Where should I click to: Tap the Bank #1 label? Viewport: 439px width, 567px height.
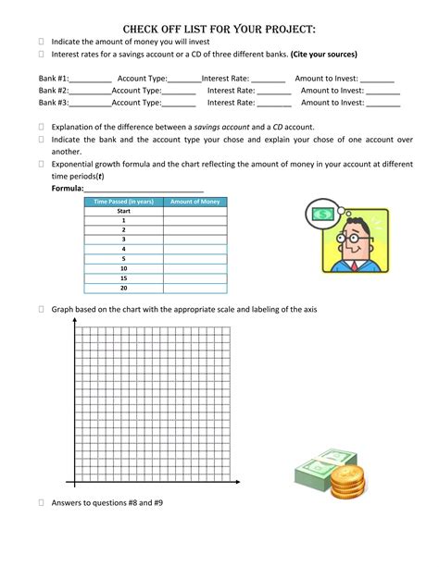click(55, 80)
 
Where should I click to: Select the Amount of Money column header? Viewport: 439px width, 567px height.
click(194, 202)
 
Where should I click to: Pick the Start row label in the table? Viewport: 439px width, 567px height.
click(122, 212)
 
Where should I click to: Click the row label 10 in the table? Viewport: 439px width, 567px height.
click(122, 268)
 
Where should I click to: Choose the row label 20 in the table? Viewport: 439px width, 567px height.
click(122, 287)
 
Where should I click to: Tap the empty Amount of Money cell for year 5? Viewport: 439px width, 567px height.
click(194, 259)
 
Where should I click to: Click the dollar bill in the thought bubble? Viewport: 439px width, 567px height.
click(324, 216)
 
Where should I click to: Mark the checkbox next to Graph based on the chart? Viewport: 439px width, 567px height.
click(42, 310)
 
